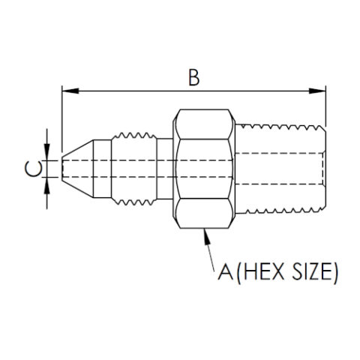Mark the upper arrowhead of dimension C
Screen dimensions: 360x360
pos(48,152)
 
